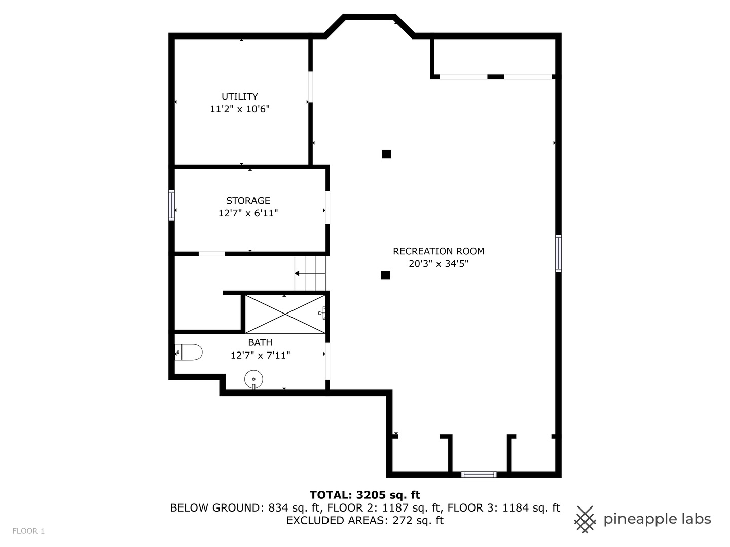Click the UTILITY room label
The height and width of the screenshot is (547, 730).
pyautogui.click(x=239, y=96)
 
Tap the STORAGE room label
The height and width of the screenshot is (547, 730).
pyautogui.click(x=248, y=200)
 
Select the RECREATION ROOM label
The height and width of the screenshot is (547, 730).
pyautogui.click(x=439, y=251)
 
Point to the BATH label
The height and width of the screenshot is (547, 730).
pyautogui.click(x=260, y=342)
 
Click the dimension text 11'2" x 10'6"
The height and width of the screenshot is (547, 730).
pyautogui.click(x=239, y=109)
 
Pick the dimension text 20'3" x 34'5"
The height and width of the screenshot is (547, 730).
pyautogui.click(x=439, y=264)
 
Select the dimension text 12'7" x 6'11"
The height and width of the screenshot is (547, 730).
pyautogui.click(x=248, y=213)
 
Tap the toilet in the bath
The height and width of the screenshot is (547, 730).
pyautogui.click(x=189, y=352)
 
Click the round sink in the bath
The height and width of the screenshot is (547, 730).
pyautogui.click(x=254, y=379)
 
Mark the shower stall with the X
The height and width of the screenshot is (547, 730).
pyautogui.click(x=285, y=314)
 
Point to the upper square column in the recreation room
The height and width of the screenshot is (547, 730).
pyautogui.click(x=386, y=154)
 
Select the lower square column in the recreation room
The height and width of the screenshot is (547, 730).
pyautogui.click(x=385, y=275)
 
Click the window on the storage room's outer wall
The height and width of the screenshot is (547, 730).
pyautogui.click(x=171, y=205)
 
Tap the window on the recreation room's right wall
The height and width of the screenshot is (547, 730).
pyautogui.click(x=558, y=253)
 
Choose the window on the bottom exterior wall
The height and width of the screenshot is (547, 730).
pyautogui.click(x=479, y=474)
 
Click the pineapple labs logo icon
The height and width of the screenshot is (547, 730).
pyautogui.click(x=585, y=520)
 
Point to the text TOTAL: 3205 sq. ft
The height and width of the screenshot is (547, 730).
pyautogui.click(x=365, y=495)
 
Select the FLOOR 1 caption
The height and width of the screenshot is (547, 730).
pyautogui.click(x=28, y=531)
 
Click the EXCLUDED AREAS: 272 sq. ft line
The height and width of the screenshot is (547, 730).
pyautogui.click(x=365, y=520)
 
